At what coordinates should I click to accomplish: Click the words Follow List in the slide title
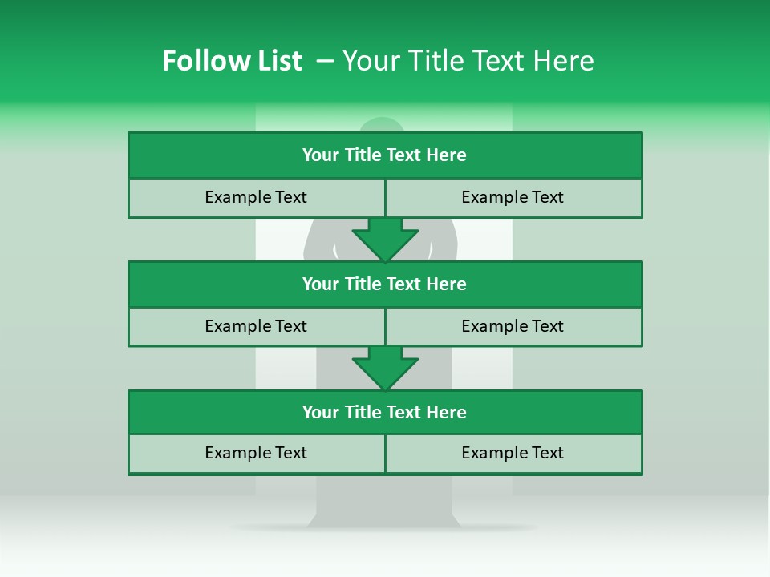click(232, 61)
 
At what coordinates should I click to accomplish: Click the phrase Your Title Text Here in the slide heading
click(468, 61)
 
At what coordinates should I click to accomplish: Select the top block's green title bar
click(385, 155)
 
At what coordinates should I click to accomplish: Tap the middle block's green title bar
click(385, 284)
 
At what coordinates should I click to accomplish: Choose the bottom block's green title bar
click(385, 412)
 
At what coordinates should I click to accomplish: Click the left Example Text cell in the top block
click(256, 197)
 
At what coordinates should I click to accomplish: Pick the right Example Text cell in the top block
click(513, 197)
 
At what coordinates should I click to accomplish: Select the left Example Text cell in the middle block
click(256, 326)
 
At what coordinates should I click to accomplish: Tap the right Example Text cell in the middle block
click(513, 326)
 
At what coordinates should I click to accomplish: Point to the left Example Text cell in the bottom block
click(256, 453)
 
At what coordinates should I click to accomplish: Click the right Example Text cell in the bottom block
click(513, 453)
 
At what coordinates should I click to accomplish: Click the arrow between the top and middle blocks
click(385, 239)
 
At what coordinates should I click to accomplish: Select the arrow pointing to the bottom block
click(385, 368)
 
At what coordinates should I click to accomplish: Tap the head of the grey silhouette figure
click(382, 125)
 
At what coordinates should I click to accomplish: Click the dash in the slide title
click(325, 61)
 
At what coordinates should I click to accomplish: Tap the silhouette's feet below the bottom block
click(383, 517)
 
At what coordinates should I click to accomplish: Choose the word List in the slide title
click(278, 61)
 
